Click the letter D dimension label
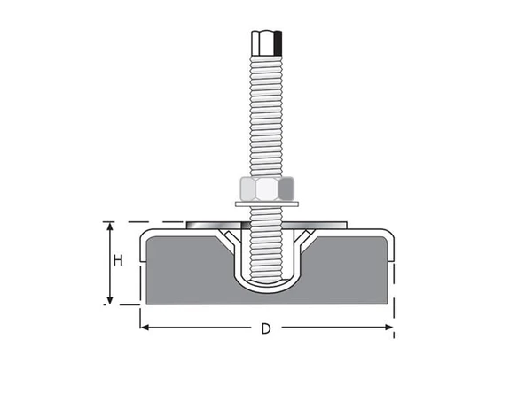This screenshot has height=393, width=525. (265, 329)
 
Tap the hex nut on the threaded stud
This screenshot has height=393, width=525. (266, 189)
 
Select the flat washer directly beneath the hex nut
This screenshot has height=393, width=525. (266, 205)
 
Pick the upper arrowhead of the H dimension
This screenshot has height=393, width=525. (110, 227)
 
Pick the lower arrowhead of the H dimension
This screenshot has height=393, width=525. (110, 299)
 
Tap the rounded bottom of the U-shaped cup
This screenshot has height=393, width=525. (266, 286)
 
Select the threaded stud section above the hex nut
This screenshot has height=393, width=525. (266, 115)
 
